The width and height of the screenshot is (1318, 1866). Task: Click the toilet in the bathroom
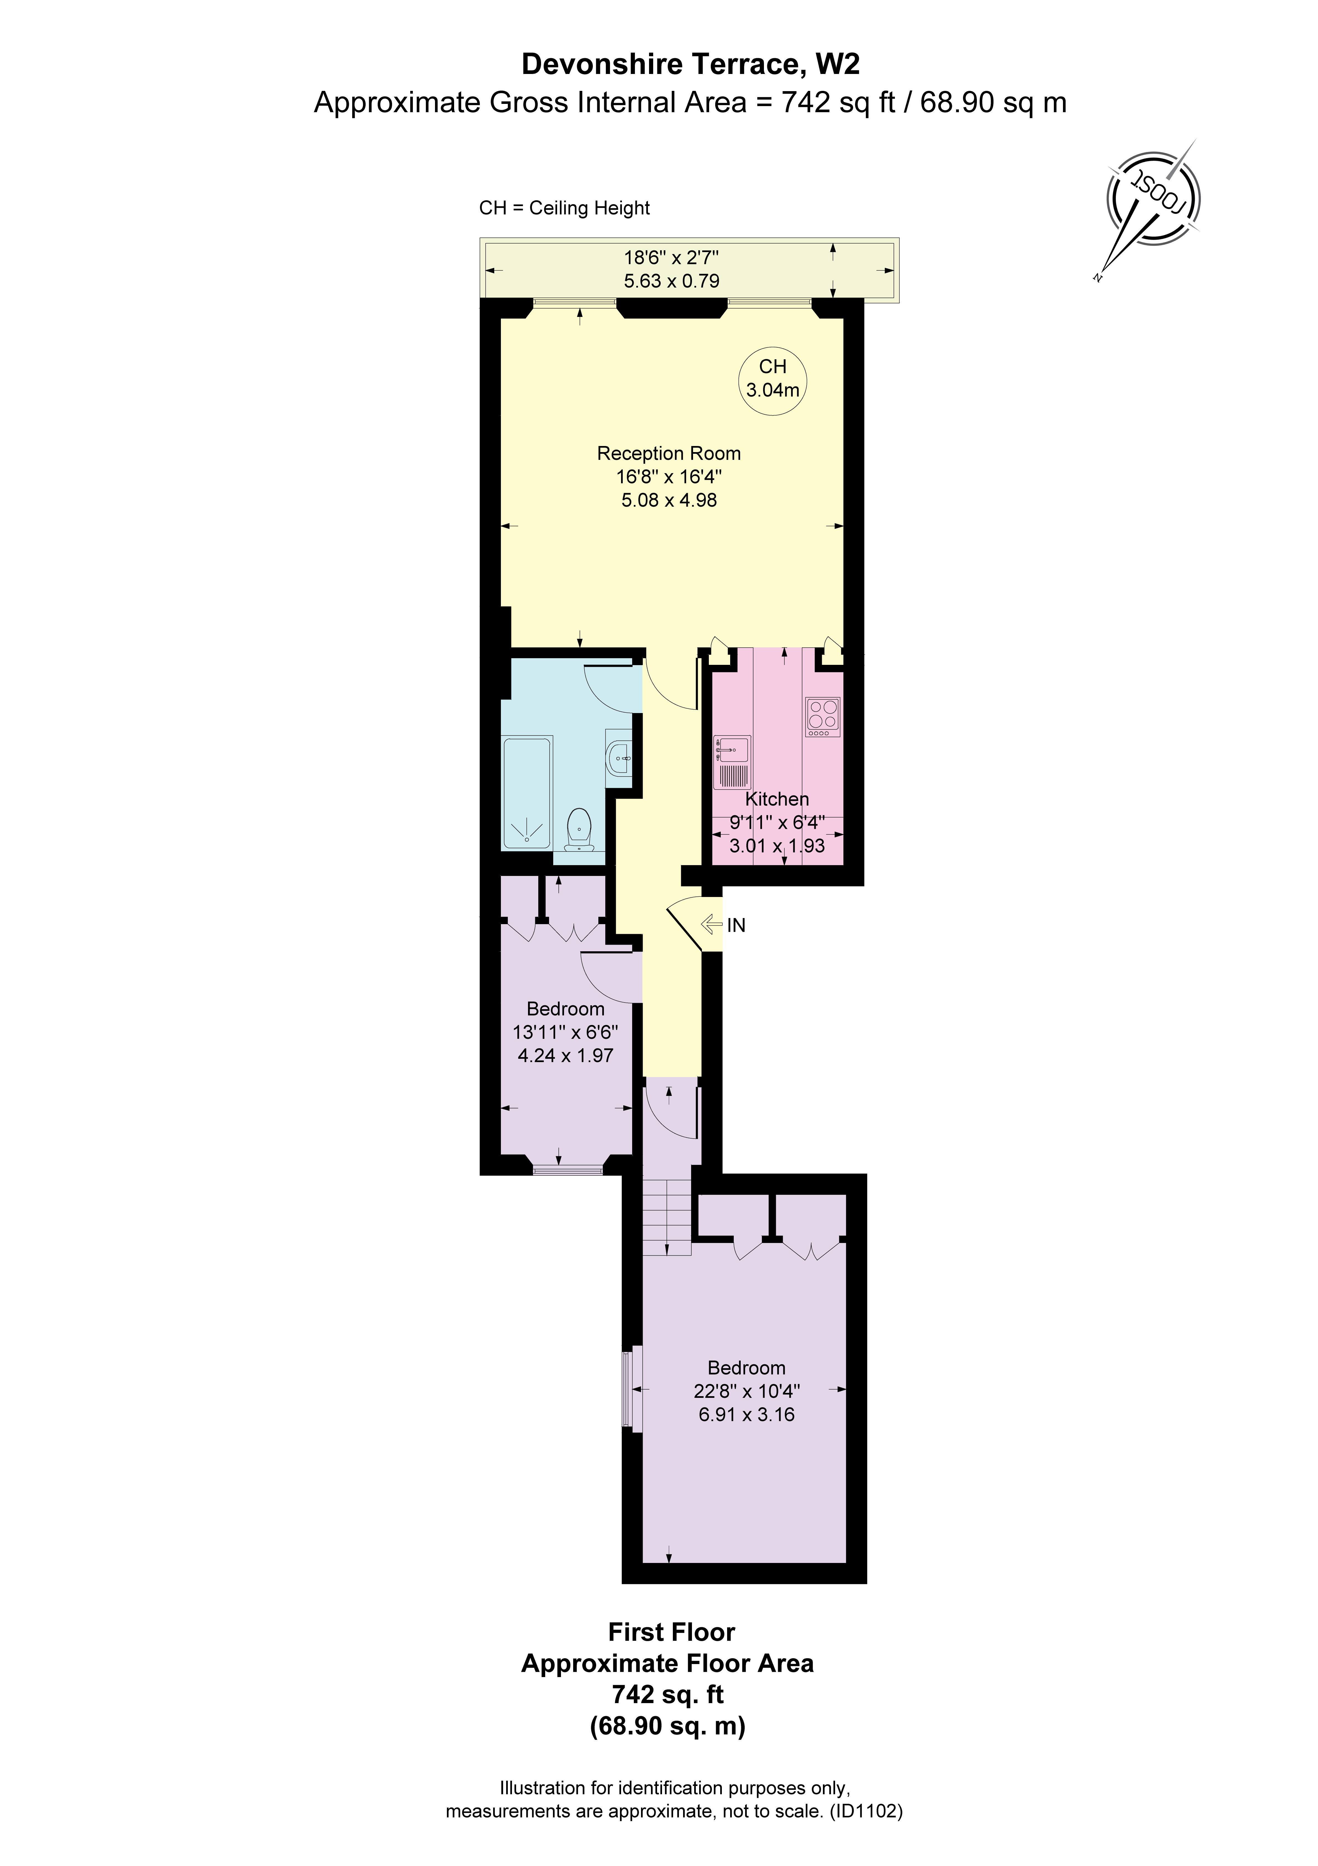pos(578,829)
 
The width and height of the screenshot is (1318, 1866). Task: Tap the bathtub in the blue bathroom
pos(527,792)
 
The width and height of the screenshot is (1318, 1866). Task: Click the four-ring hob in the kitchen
pos(822,716)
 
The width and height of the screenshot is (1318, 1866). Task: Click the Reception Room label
pos(669,453)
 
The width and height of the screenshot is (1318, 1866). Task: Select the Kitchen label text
pos(777,799)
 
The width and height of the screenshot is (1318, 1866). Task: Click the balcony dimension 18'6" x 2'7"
pos(671,258)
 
